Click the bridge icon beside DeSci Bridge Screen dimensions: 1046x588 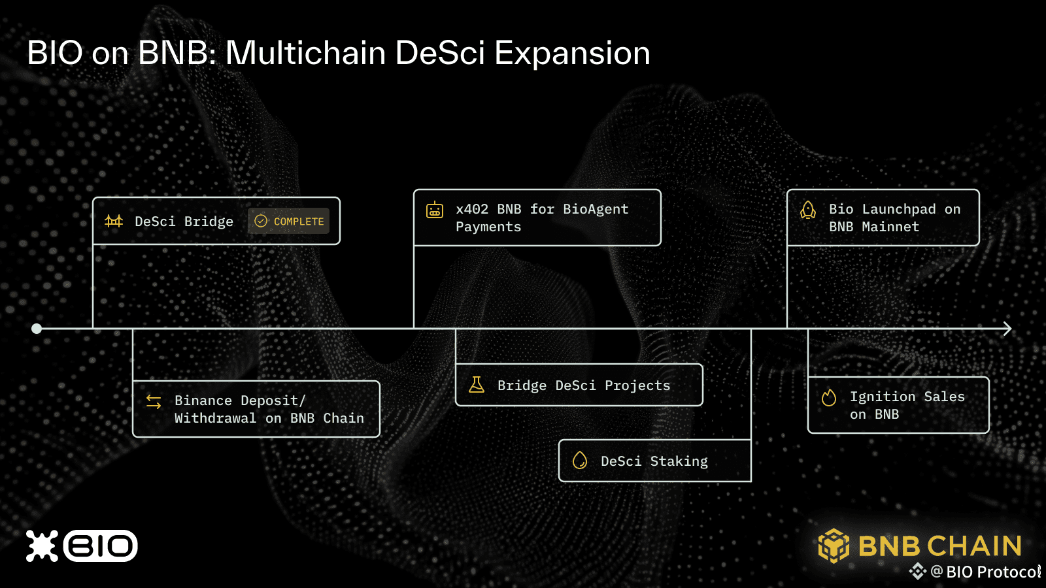[x=114, y=221]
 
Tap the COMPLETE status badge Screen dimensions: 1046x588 [x=288, y=221]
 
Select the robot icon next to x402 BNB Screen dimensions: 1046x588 [x=435, y=210]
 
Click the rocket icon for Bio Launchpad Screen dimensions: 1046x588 [x=808, y=210]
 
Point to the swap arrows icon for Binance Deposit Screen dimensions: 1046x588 [x=154, y=401]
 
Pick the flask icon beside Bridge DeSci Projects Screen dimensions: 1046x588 [x=477, y=385]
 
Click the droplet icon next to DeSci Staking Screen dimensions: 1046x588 [x=579, y=461]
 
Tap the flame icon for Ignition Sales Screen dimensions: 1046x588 [x=829, y=398]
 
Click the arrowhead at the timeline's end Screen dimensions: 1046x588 [x=1007, y=329]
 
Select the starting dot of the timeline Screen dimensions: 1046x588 [x=37, y=329]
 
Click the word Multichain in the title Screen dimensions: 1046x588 [x=306, y=52]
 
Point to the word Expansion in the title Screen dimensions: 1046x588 [x=572, y=54]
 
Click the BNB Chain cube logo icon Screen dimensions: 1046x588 [x=834, y=546]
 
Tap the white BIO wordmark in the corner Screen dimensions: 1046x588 [x=101, y=546]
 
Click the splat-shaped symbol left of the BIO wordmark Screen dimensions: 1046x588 [x=42, y=546]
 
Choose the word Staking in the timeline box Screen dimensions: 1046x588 [x=679, y=461]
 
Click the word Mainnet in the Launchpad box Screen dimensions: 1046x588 [x=890, y=227]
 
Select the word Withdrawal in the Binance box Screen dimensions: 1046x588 [x=215, y=418]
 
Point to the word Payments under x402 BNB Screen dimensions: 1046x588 [x=488, y=227]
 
